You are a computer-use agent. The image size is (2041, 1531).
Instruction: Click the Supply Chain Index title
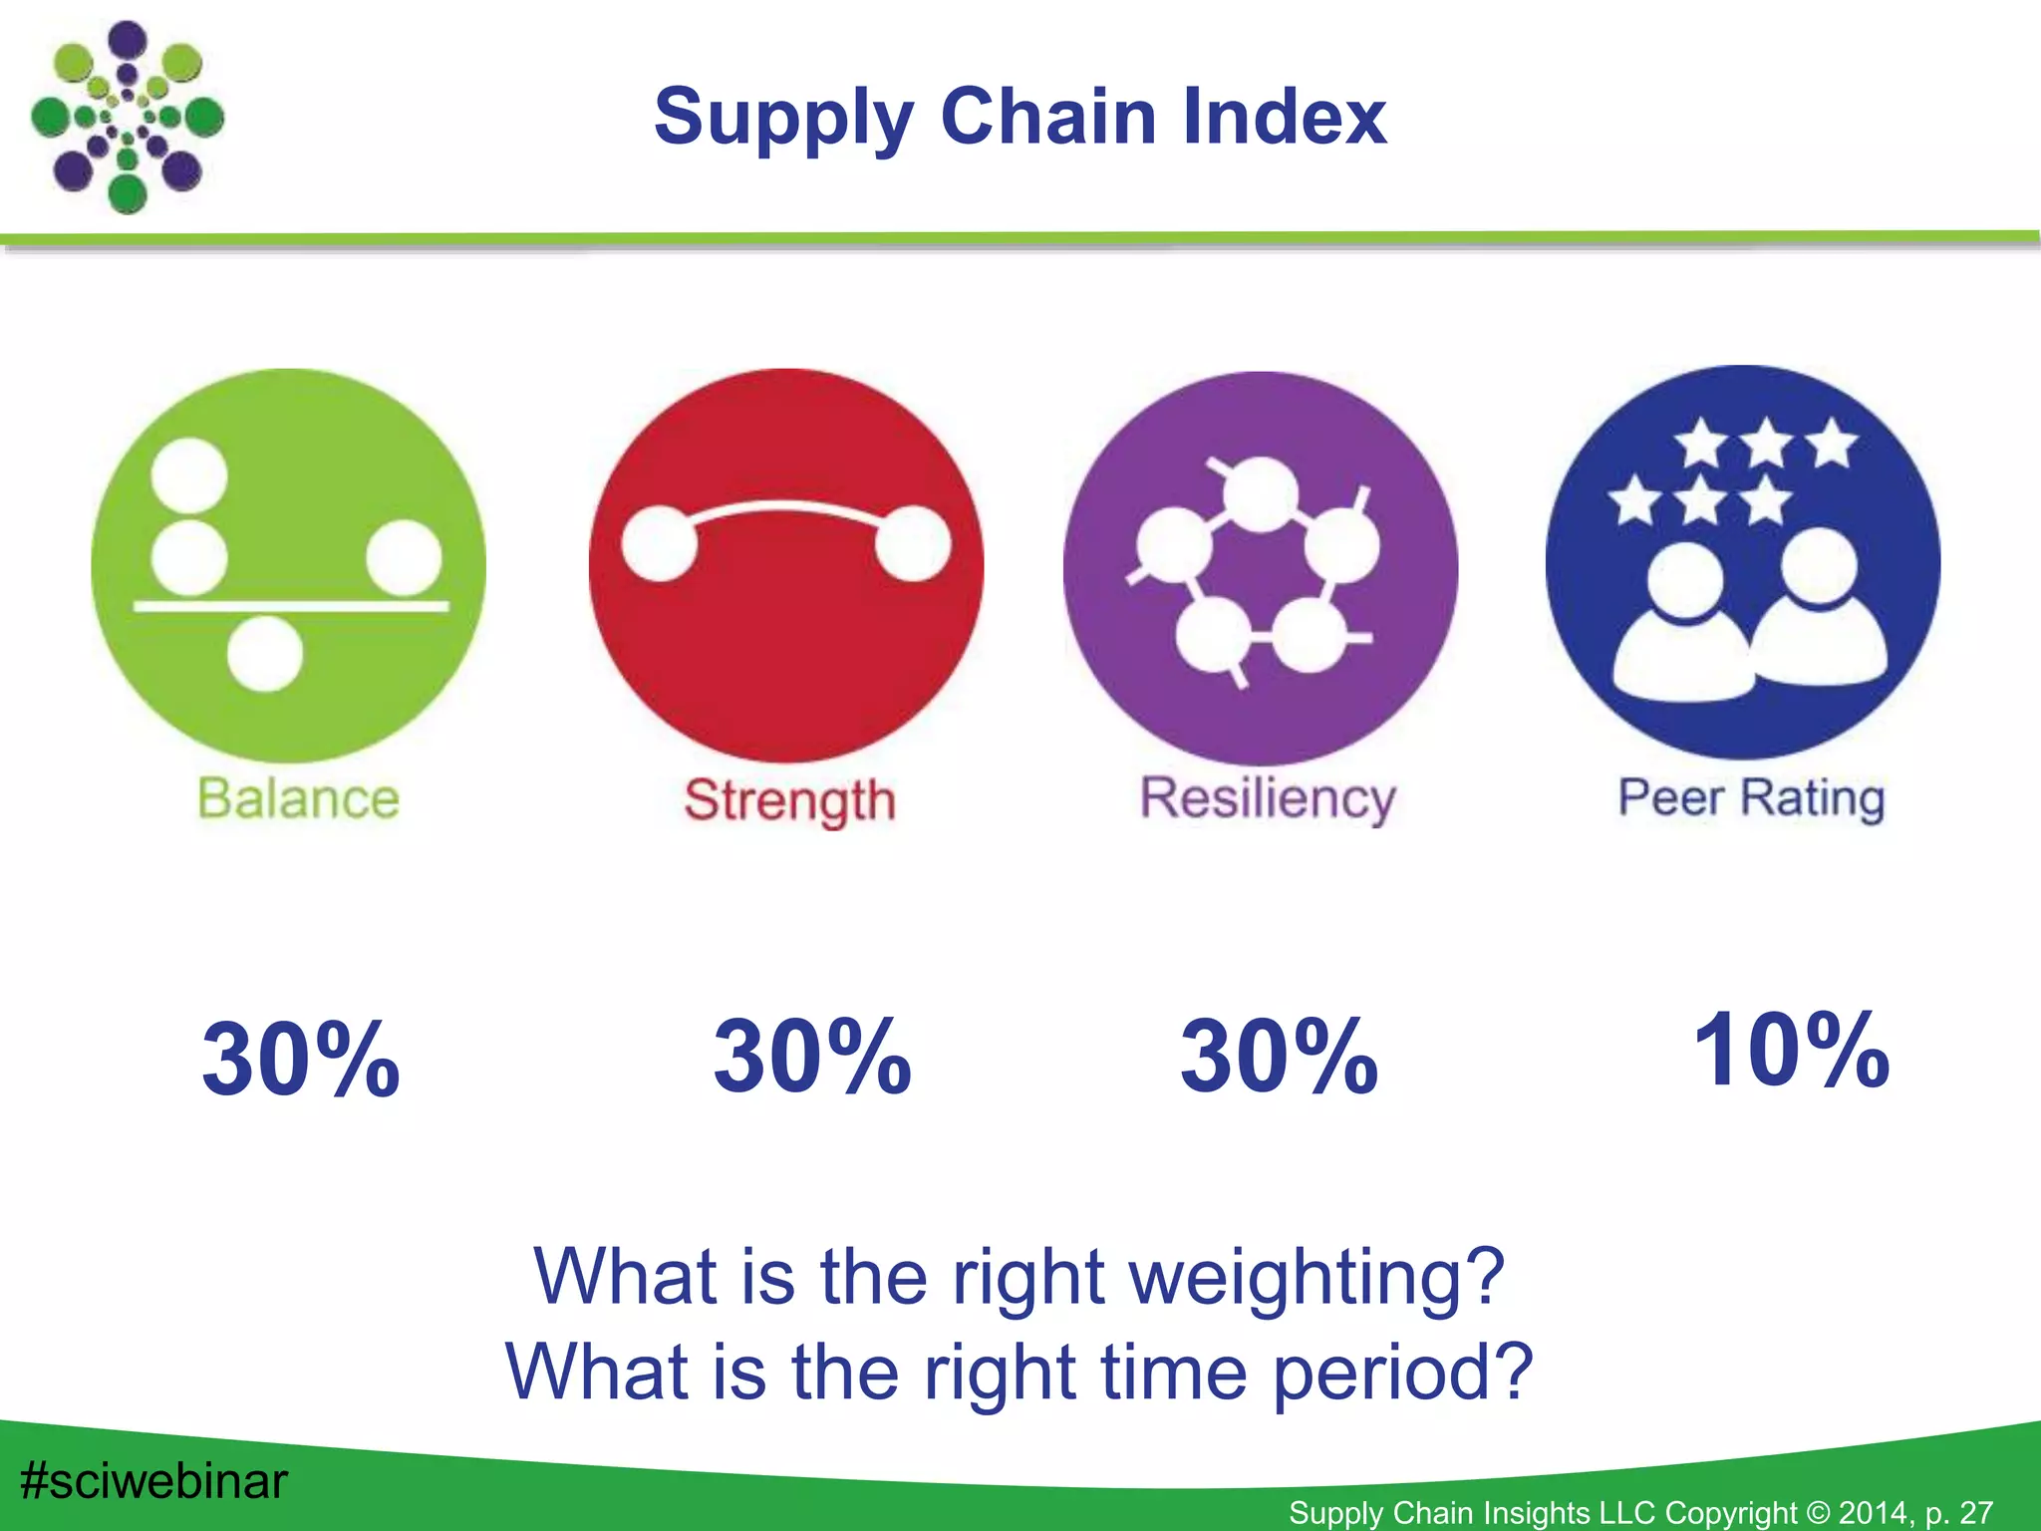coord(1020,118)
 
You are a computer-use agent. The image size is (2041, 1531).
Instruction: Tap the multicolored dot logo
coord(127,118)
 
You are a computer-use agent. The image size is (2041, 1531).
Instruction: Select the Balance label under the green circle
coord(298,798)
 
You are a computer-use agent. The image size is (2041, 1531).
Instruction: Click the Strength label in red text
coord(789,800)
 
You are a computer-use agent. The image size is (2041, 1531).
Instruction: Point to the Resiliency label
coord(1268,798)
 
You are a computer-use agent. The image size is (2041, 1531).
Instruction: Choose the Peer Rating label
coord(1751,798)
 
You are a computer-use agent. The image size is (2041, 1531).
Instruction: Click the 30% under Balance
coord(300,1060)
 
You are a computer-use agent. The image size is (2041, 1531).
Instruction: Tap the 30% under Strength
coord(812,1057)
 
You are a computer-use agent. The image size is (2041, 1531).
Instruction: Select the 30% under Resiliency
coord(1280,1057)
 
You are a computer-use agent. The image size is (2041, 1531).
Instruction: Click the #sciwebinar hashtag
coord(153,1481)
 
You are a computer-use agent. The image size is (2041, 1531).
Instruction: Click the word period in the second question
coord(1402,1373)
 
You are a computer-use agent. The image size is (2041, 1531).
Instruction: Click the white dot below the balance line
coord(264,654)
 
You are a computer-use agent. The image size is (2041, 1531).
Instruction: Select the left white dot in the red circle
coord(659,543)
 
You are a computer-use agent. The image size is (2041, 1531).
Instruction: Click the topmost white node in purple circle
coord(1261,494)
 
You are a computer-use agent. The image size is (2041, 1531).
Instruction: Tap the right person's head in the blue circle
coord(1820,565)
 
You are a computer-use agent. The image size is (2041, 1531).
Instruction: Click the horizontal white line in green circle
coord(291,605)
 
